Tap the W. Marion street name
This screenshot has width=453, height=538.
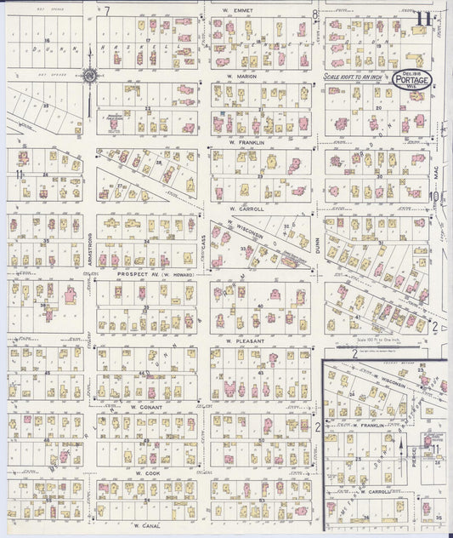pos(241,76)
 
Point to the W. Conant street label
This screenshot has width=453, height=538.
pos(146,407)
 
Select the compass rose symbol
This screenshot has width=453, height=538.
pos(89,76)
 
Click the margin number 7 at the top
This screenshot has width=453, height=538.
pos(107,11)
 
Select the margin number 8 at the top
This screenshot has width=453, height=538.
pos(314,14)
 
